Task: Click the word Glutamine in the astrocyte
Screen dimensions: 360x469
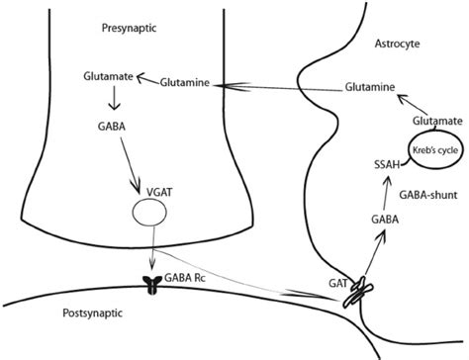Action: (x=369, y=87)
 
